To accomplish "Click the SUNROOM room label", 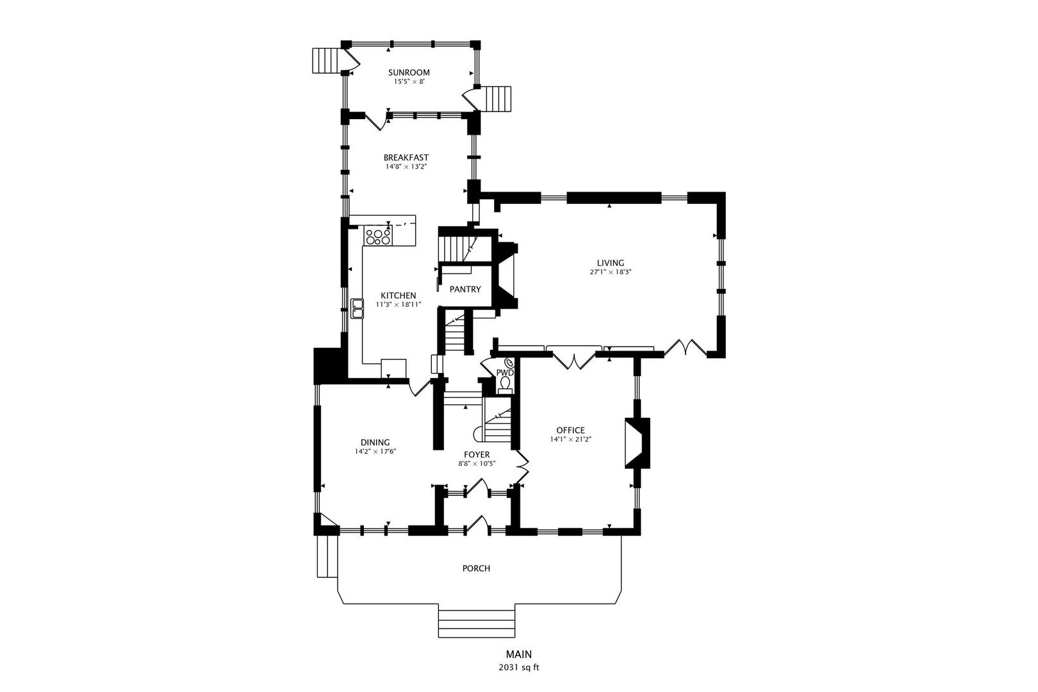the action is coord(409,72).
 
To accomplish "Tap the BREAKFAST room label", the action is coord(406,158).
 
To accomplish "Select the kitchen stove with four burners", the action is coord(378,235).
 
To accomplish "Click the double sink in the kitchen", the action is coord(358,309).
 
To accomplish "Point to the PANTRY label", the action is coord(465,289).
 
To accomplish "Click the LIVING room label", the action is coord(610,263).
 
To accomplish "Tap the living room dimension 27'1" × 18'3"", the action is coord(610,272).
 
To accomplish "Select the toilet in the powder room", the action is coord(505,384).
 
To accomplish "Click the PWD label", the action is coord(505,373).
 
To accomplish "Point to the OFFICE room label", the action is coord(570,430).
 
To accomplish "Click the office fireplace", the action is coord(637,443).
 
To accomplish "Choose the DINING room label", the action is coord(375,442).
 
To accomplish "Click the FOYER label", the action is coord(477,455).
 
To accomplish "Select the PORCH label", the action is coord(476,568).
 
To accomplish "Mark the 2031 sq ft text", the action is coord(518,668).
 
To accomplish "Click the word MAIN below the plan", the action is coord(518,654).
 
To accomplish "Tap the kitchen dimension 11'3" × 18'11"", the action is coord(399,304).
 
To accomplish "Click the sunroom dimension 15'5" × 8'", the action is coord(409,81).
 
